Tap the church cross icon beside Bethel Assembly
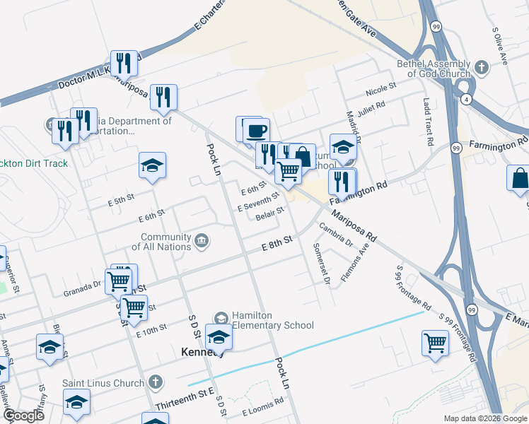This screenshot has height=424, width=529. point(482,69)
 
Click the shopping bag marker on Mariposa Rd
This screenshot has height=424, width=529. point(302,155)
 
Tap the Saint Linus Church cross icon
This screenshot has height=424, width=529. point(156,383)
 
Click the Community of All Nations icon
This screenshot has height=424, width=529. point(202,242)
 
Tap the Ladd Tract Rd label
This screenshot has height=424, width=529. point(428,122)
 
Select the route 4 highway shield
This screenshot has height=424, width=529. point(467,100)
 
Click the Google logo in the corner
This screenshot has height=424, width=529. point(23,416)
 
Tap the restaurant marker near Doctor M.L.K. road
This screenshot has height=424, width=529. point(124,63)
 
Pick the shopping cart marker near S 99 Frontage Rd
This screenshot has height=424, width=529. point(435,343)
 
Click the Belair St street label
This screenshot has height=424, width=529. point(269,211)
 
